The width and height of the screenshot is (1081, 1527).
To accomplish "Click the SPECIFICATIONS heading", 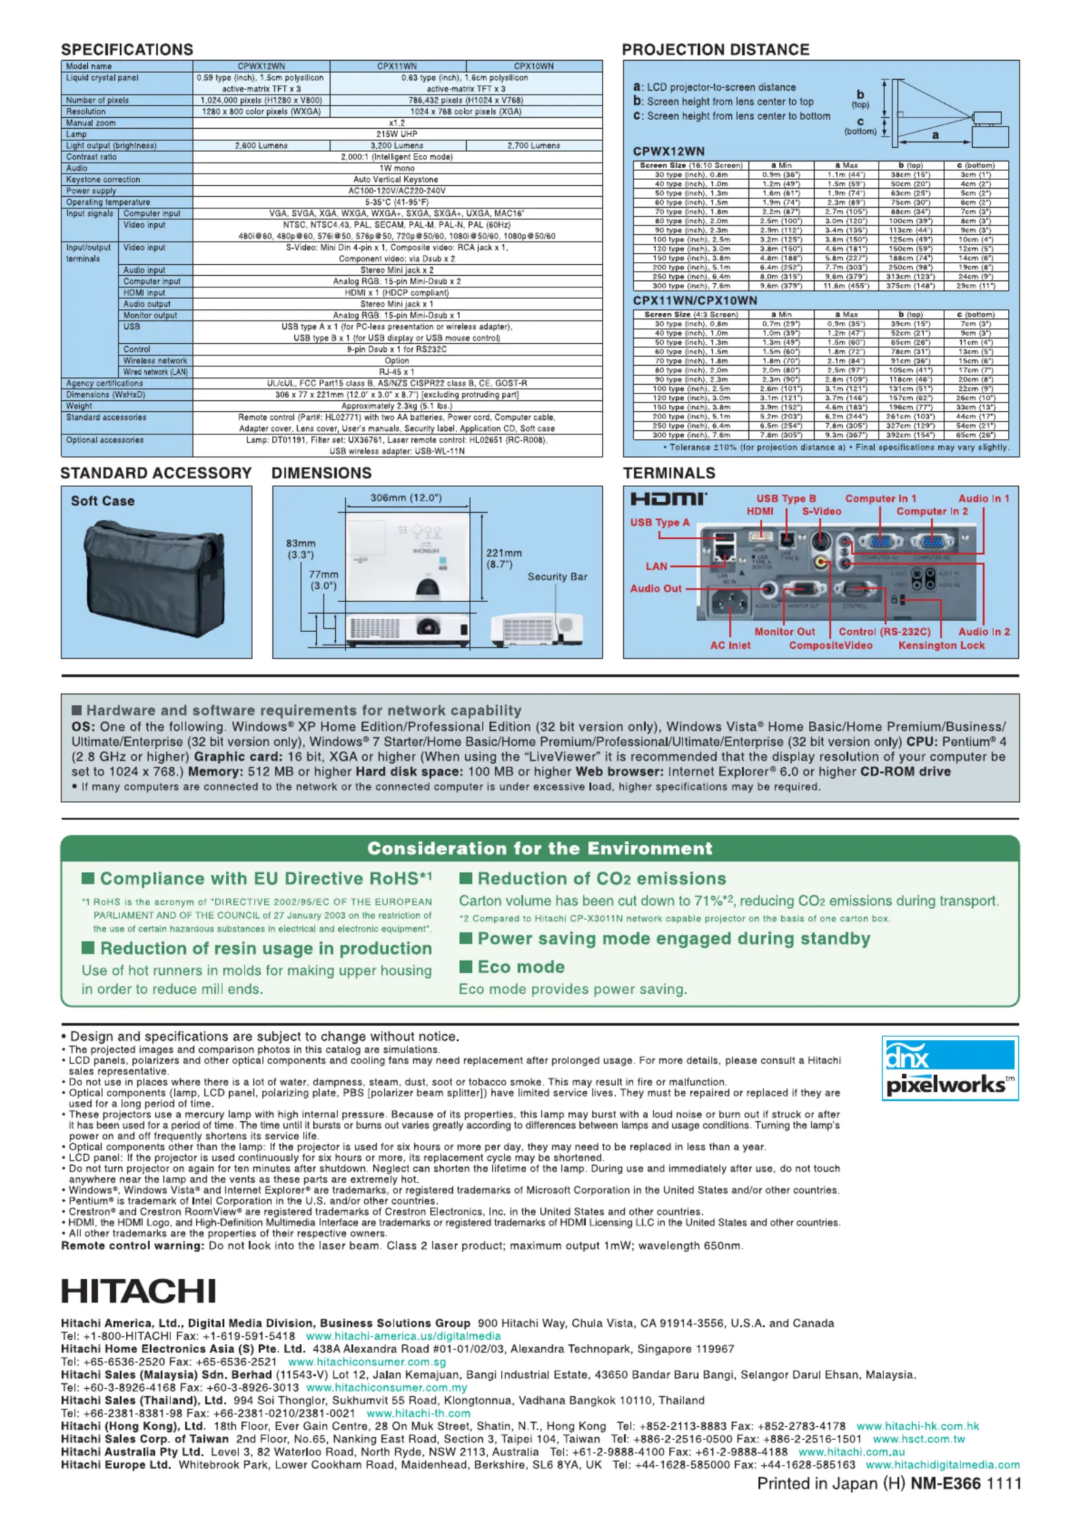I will [127, 50].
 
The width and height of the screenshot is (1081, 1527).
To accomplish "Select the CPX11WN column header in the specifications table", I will [397, 66].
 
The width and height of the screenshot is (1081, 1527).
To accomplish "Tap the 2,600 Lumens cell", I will [262, 146].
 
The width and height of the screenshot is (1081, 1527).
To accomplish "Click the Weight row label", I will [79, 406].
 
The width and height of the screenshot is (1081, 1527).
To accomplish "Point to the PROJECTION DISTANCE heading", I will [715, 50].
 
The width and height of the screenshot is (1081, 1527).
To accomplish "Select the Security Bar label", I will [557, 577].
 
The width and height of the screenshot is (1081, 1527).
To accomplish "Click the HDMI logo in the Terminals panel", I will [668, 499].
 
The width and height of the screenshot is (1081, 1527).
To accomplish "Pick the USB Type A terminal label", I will [659, 522].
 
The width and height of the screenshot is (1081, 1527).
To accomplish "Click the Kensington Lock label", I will [941, 645].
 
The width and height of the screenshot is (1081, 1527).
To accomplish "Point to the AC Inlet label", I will [730, 645].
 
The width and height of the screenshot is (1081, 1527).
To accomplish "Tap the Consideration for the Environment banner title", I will [539, 848].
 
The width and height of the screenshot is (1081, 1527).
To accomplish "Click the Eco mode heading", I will [521, 967].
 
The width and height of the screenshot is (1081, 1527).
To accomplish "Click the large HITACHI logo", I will [138, 1291].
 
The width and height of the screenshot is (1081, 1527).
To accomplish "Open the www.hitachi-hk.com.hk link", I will [918, 1426].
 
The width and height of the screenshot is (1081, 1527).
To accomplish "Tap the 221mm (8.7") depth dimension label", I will [504, 558].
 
